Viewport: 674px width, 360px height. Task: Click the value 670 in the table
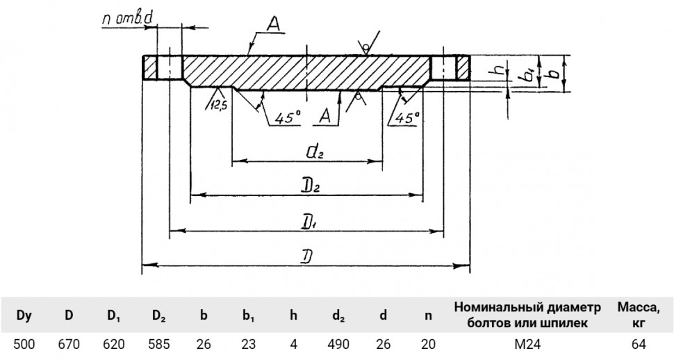[69, 345]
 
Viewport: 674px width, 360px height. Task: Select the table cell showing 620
[114, 345]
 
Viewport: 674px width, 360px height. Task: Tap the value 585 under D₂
[159, 345]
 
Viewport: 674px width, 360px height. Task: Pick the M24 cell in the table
[527, 345]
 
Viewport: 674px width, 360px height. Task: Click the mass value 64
[639, 345]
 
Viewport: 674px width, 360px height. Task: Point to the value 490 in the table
[338, 345]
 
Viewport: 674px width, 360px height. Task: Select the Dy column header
[24, 316]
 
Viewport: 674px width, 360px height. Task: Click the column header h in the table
[293, 316]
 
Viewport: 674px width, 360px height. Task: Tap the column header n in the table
[428, 316]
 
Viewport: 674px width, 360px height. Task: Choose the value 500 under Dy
[24, 345]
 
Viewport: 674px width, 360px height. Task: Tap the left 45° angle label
[288, 117]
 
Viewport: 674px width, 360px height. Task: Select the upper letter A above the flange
[273, 24]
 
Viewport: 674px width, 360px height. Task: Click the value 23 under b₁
[249, 345]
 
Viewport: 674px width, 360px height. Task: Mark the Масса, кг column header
[639, 315]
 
